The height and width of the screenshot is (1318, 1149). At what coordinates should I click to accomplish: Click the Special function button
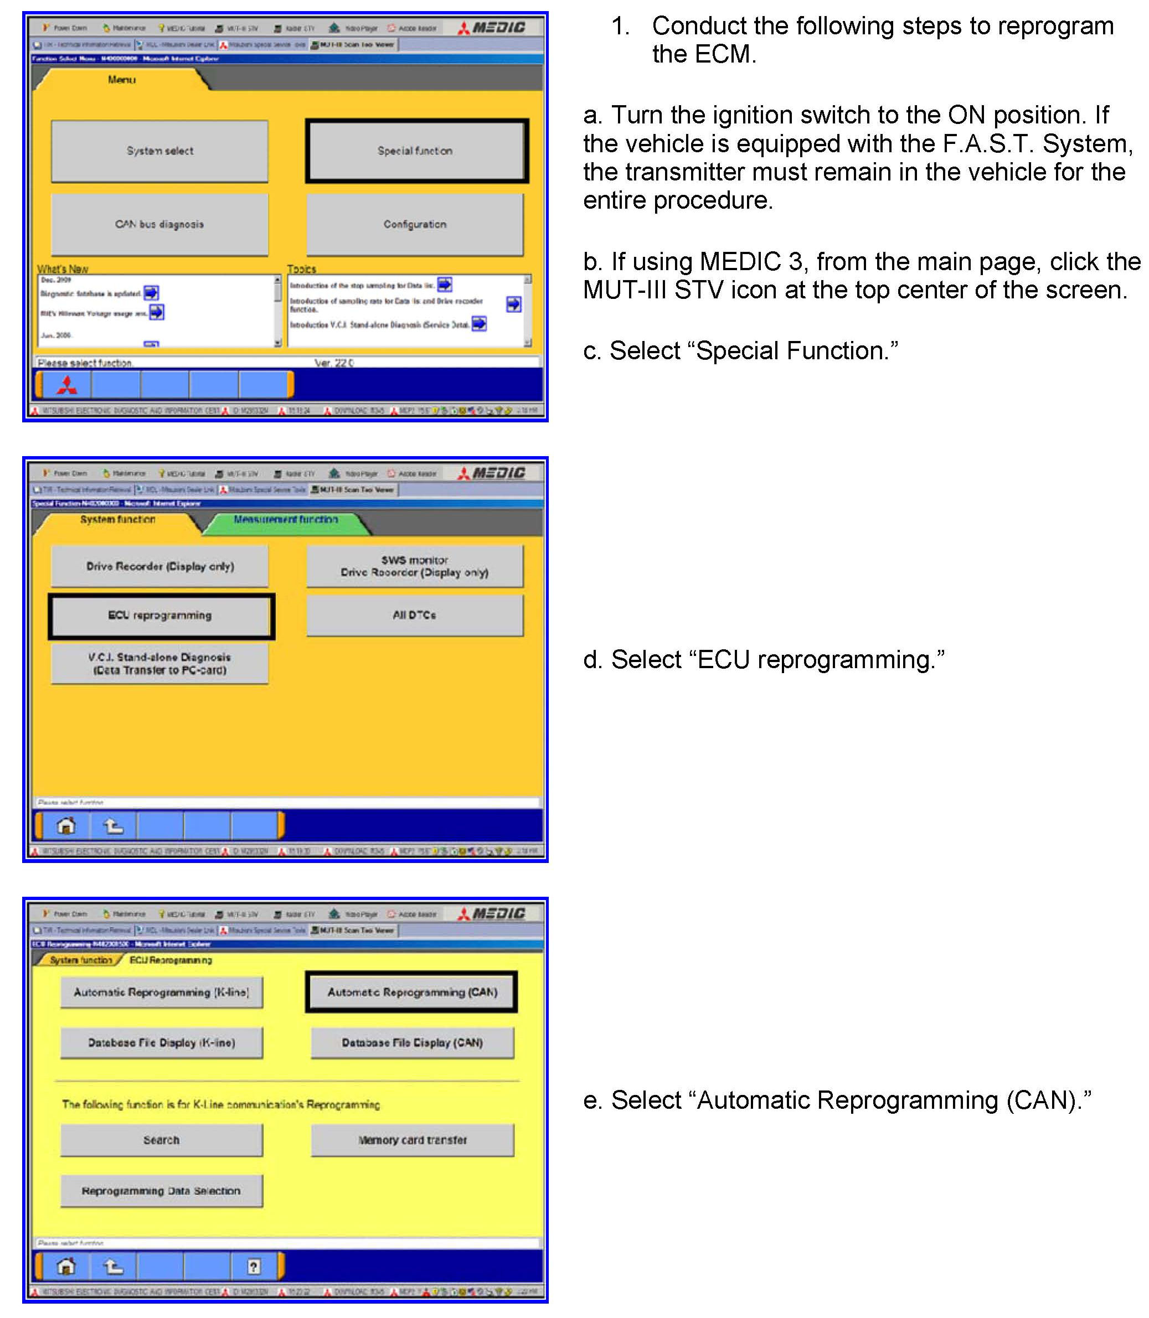[x=416, y=151]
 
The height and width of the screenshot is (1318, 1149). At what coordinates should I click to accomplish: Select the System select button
[x=159, y=151]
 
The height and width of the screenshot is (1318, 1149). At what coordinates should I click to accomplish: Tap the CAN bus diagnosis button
[x=159, y=224]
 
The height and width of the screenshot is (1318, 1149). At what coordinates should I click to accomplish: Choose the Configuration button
[x=415, y=224]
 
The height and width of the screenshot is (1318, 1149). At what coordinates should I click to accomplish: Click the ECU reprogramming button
[x=161, y=616]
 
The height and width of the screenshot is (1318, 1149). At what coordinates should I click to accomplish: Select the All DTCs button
[x=415, y=616]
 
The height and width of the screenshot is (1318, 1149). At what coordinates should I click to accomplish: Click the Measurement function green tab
[x=285, y=520]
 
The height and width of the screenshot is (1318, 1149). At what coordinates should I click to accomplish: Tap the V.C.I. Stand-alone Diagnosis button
[x=159, y=664]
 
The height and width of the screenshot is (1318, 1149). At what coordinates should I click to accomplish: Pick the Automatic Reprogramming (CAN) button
[x=411, y=993]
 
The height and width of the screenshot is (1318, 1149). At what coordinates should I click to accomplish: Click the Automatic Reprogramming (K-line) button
[x=162, y=993]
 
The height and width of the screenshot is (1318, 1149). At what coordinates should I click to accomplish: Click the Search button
[x=162, y=1140]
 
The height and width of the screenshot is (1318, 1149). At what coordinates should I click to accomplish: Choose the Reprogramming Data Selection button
[x=162, y=1191]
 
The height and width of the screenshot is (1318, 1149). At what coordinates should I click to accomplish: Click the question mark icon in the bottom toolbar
[x=254, y=1267]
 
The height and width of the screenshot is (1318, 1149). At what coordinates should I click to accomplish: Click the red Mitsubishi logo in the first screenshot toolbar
[x=66, y=385]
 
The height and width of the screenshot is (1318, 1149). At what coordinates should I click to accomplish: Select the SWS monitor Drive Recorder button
[x=415, y=567]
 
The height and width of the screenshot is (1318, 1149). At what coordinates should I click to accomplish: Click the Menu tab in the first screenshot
[x=122, y=80]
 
